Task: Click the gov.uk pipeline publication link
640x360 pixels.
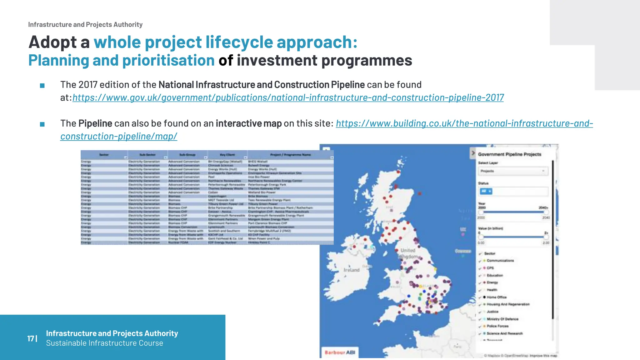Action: point(288,98)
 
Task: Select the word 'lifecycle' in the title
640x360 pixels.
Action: point(239,42)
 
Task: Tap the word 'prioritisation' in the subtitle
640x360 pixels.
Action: point(168,61)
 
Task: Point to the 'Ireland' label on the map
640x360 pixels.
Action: point(352,270)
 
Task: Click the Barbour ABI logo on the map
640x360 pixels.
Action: point(340,352)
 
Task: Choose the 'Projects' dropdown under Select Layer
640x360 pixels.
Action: point(513,171)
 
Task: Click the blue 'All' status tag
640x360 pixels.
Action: point(486,191)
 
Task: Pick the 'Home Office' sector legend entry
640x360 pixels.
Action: point(496,297)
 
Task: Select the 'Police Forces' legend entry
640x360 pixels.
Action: point(497,326)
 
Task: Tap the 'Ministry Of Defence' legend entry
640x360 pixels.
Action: point(502,319)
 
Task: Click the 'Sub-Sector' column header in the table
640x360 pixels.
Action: point(147,155)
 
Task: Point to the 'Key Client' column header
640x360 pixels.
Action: point(227,155)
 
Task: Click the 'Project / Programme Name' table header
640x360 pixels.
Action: point(290,155)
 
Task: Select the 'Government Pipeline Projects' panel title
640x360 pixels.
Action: point(509,154)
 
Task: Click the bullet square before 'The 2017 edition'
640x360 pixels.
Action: point(42,86)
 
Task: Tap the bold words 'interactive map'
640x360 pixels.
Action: point(248,123)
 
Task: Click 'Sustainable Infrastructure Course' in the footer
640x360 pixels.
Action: point(104,343)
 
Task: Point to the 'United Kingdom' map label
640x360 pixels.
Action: point(408,253)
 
